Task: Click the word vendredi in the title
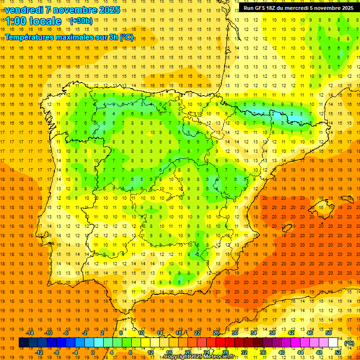point(24,10)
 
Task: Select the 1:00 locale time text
point(33,21)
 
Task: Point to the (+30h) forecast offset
point(81,21)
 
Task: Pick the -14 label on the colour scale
point(30,333)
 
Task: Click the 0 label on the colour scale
point(93,352)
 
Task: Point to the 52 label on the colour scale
point(338,352)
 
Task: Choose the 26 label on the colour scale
point(216,333)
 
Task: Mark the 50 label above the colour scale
point(329,333)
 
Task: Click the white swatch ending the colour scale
point(333,343)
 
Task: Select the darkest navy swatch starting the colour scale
point(23,343)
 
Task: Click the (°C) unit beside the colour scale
point(349,343)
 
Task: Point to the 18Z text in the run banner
point(272,8)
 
